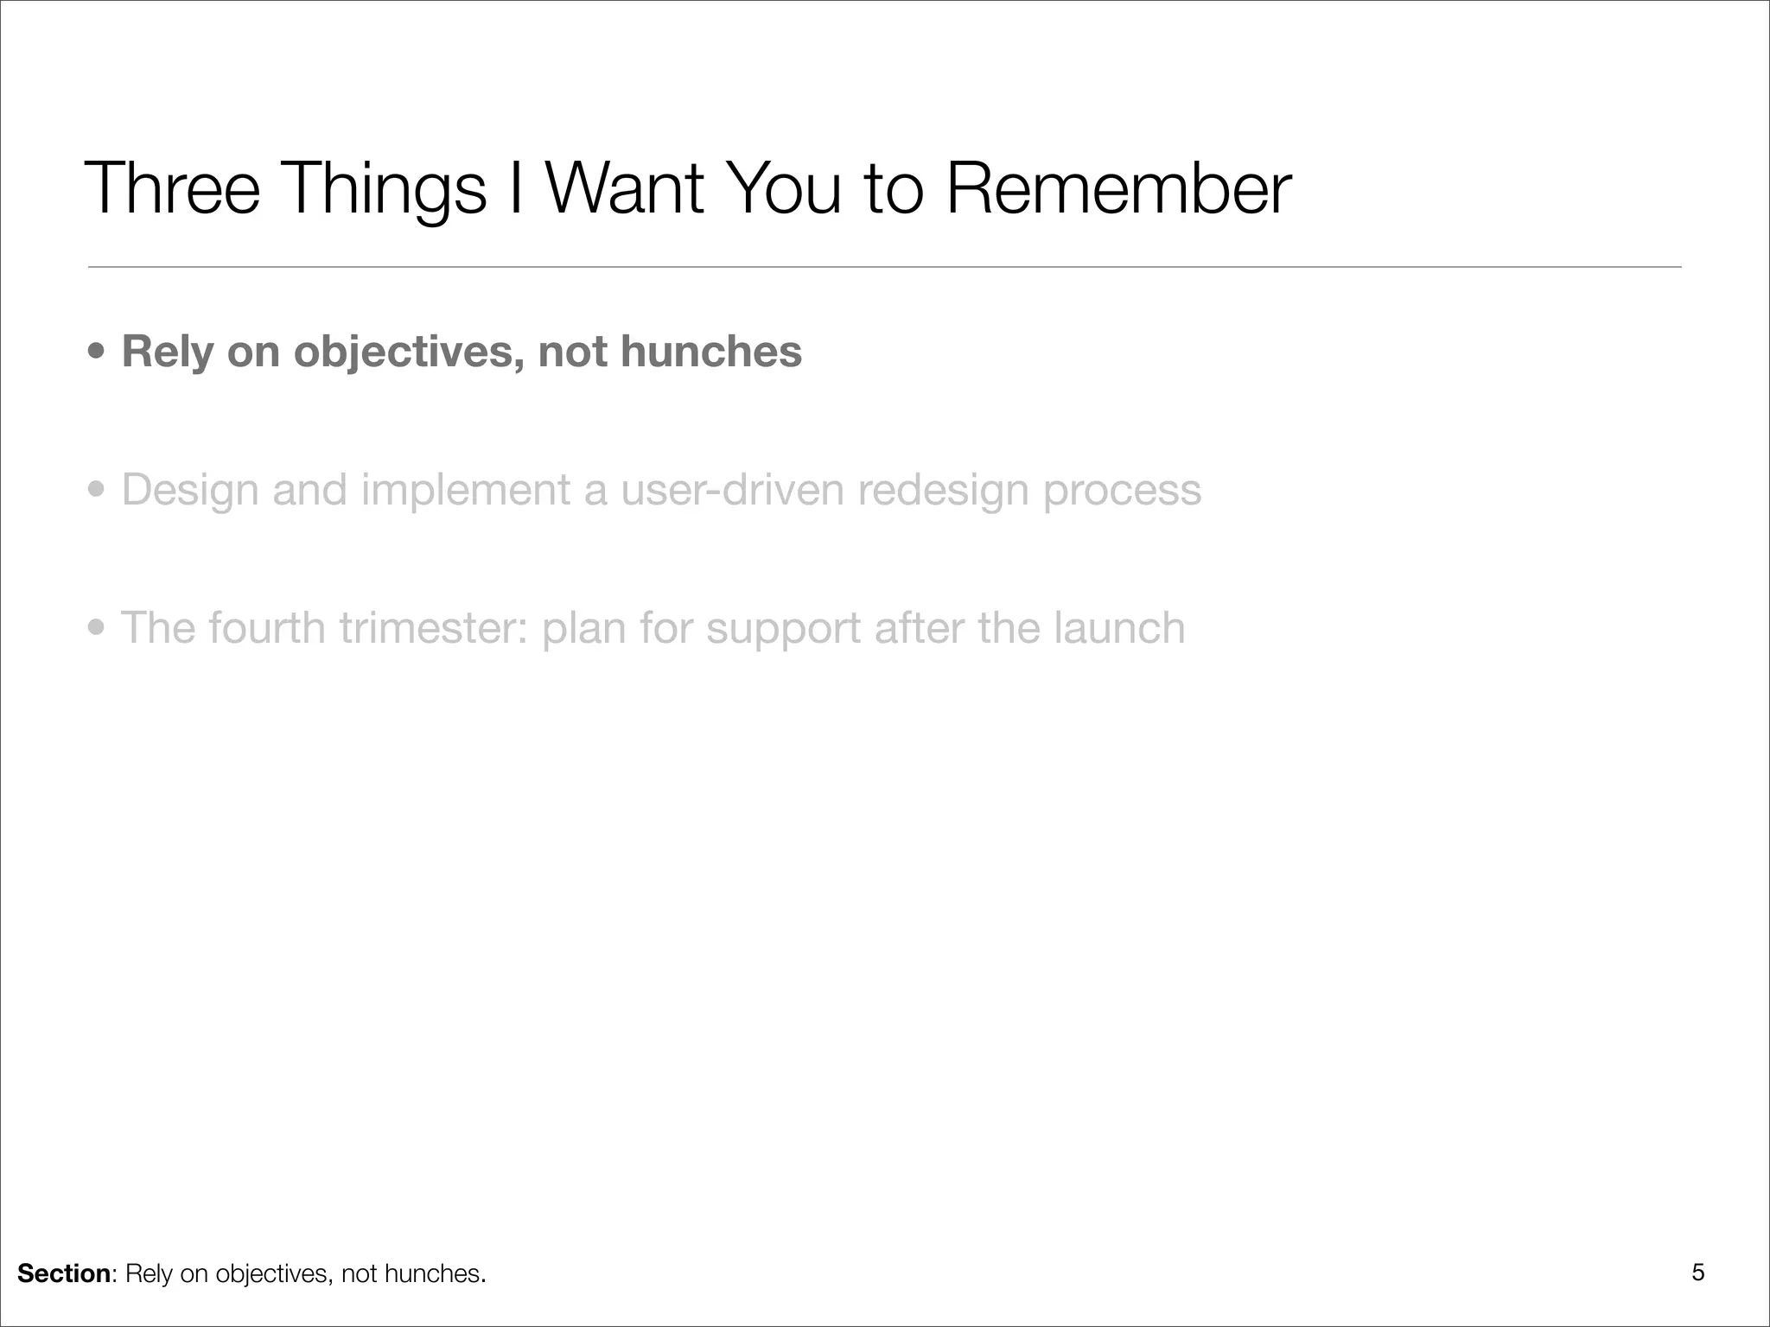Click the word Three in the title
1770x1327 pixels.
[x=172, y=188]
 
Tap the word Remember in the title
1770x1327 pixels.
[x=1118, y=188]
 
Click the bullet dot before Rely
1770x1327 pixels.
[x=98, y=353]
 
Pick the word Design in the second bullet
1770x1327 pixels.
[x=189, y=491]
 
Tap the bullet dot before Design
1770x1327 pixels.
[x=98, y=491]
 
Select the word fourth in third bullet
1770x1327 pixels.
[x=266, y=628]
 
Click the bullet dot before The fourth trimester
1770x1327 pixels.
[x=98, y=628]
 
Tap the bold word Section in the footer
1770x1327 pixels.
[x=64, y=1273]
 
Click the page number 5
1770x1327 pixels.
[x=1697, y=1273]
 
